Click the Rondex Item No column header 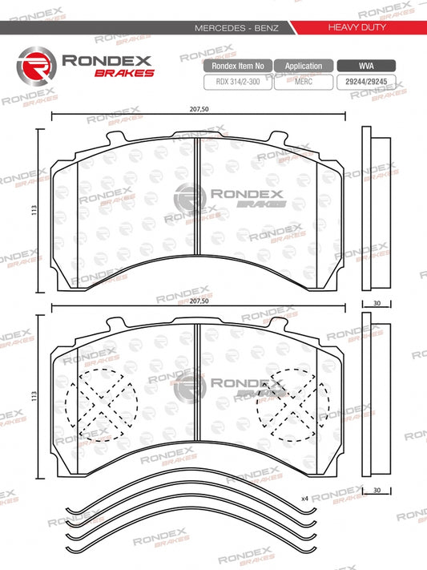pyautogui.click(x=237, y=66)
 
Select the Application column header pyautogui.click(x=304, y=66)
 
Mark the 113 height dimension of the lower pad pyautogui.click(x=32, y=394)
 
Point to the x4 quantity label pyautogui.click(x=305, y=498)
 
